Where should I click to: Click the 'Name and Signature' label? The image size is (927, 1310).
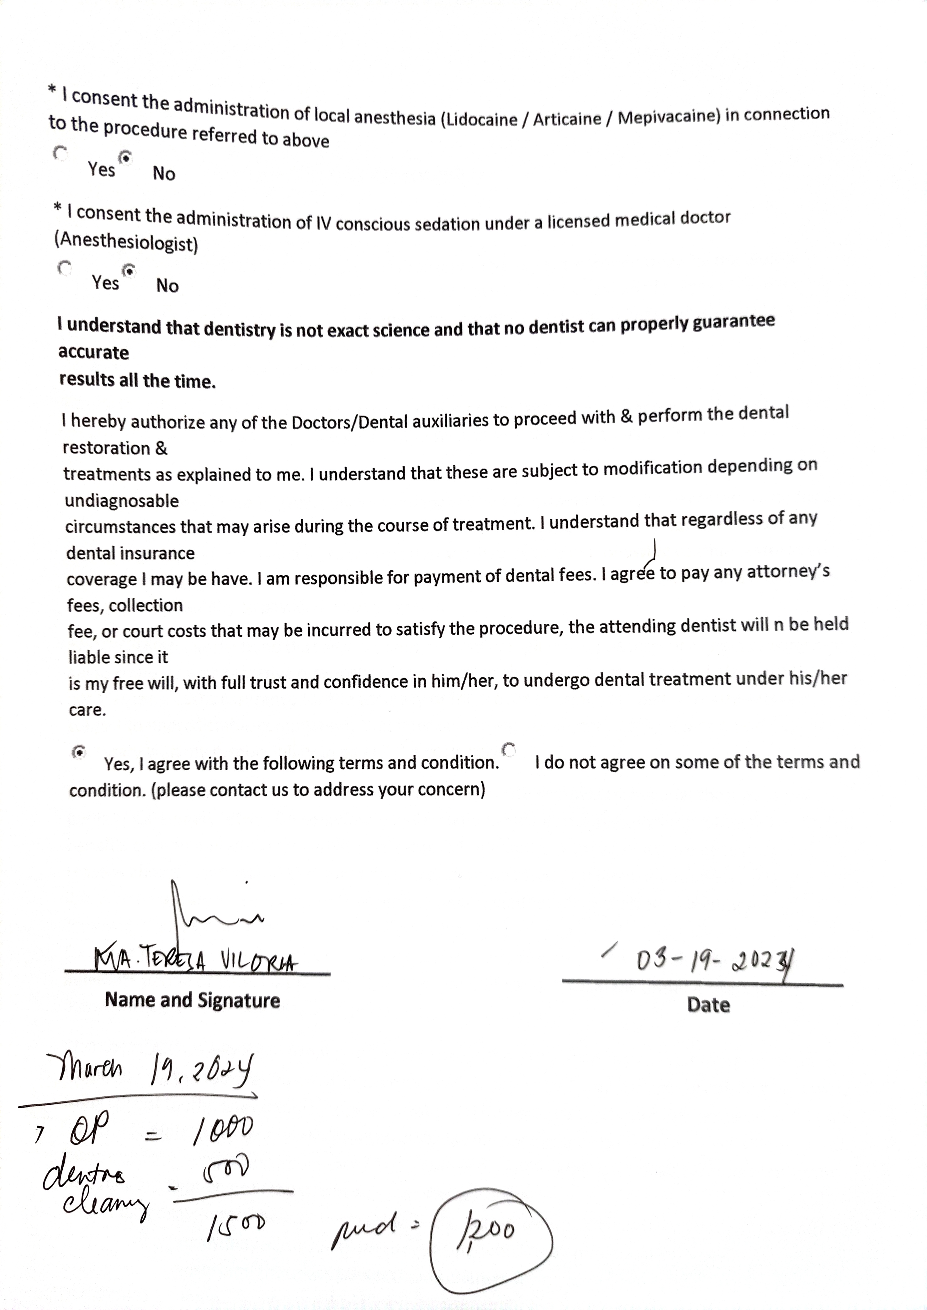tap(192, 1000)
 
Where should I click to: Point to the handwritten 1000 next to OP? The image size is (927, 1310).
tap(223, 1130)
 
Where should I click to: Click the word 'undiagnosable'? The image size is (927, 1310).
tap(122, 501)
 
